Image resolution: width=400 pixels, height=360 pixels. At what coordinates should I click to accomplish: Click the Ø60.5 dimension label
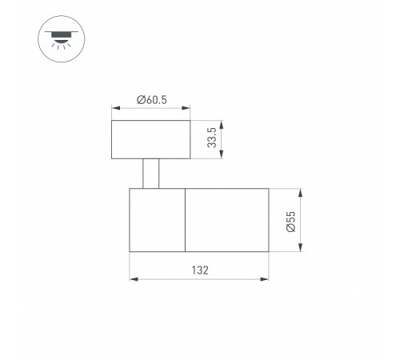pyautogui.click(x=152, y=100)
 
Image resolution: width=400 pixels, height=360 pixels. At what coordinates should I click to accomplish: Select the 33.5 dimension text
pyautogui.click(x=212, y=138)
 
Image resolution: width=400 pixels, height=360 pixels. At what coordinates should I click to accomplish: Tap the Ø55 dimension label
pyautogui.click(x=290, y=222)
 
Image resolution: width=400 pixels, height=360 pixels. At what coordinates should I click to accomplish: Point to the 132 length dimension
pyautogui.click(x=200, y=270)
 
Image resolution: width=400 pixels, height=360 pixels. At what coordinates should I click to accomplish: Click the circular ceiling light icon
pyautogui.click(x=62, y=39)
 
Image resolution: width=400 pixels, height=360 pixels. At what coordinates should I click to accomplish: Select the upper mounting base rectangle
pyautogui.click(x=151, y=139)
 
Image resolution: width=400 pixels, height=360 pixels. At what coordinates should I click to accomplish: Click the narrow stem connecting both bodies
pyautogui.click(x=151, y=174)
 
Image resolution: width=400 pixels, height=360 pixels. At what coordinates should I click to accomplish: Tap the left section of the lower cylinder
pyautogui.click(x=158, y=220)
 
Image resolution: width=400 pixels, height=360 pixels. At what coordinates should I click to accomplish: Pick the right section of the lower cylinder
pyautogui.click(x=227, y=220)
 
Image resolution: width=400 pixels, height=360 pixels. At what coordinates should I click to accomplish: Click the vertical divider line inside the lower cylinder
pyautogui.click(x=185, y=220)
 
